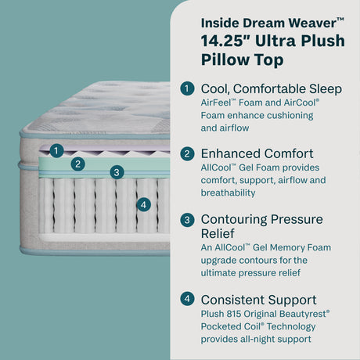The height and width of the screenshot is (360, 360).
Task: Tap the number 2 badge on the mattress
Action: [77, 164]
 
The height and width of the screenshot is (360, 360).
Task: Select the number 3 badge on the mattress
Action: [116, 171]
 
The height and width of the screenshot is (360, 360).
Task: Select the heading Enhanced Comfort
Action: [257, 154]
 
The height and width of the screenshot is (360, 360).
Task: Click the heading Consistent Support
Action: [259, 300]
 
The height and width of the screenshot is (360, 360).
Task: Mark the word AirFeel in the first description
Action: [219, 103]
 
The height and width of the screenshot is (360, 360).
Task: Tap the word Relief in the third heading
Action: [220, 234]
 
